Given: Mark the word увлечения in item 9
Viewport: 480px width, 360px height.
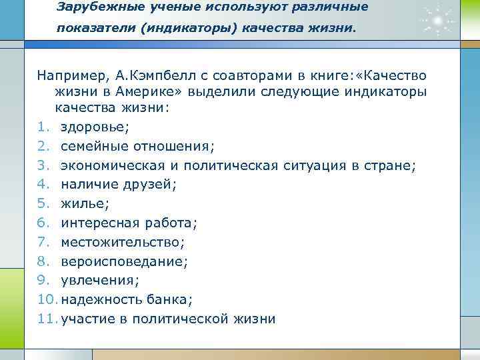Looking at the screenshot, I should (x=95, y=280).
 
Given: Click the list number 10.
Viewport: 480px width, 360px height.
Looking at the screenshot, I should (x=47, y=299).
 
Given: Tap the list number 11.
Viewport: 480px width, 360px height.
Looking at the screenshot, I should (x=47, y=319).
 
